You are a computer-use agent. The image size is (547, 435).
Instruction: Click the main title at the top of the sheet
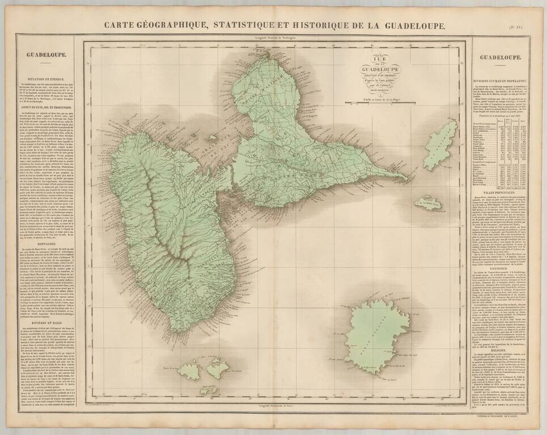click(274, 25)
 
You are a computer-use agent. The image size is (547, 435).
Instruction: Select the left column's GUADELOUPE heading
click(46, 56)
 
